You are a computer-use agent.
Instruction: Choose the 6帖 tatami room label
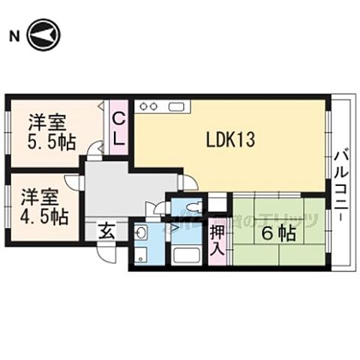(278, 233)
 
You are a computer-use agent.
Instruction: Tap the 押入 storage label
(217, 239)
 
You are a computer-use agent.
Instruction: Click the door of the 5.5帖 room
(94, 149)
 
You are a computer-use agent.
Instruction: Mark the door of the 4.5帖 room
(73, 182)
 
